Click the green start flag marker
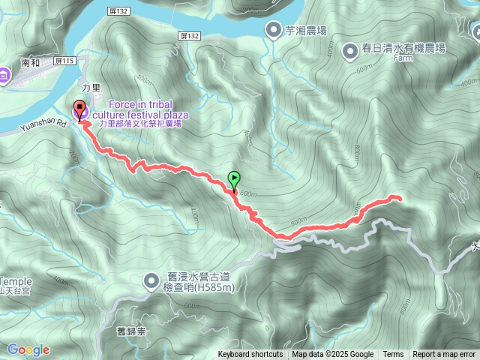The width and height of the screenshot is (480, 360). pos(234,180)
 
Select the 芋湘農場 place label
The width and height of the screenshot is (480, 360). pos(306,31)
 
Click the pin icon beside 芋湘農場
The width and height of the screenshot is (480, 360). pos(273,30)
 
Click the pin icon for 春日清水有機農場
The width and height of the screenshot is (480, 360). pos(349,51)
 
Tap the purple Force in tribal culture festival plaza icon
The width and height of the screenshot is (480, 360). pos(81,112)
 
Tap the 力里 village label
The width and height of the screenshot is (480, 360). pos(91,88)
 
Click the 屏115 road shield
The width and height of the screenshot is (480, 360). pos(66,60)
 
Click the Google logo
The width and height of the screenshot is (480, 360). pos(28,349)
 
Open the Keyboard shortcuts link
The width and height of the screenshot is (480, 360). pos(250,355)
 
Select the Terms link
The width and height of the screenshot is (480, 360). pos(393,355)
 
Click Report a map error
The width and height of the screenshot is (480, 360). pos(445,355)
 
